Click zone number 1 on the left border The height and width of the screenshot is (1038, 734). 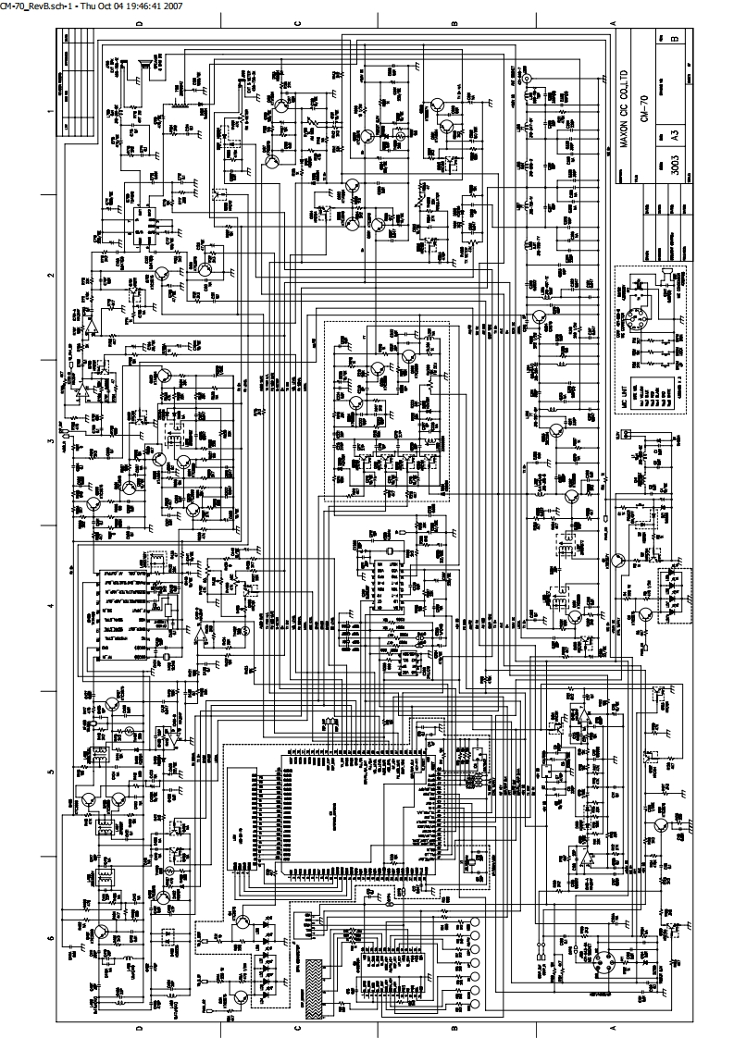pyautogui.click(x=50, y=110)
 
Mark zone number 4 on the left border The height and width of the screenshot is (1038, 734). pyautogui.click(x=50, y=606)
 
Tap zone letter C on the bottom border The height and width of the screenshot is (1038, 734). pyautogui.click(x=298, y=1028)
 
